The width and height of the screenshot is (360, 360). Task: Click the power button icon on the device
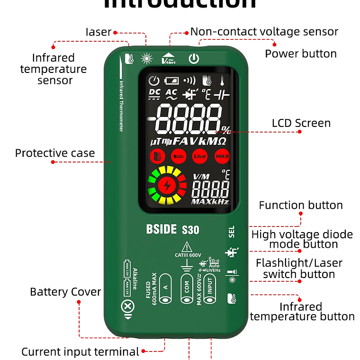(x=193, y=59)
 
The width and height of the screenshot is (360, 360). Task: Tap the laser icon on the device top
(x=147, y=59)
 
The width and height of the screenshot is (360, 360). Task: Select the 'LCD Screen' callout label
(x=301, y=123)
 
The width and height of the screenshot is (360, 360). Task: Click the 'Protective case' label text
(x=55, y=153)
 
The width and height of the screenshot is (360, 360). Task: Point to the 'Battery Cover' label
(x=65, y=292)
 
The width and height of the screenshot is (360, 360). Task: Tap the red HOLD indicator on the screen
(x=222, y=156)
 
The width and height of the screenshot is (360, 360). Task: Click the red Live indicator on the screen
(x=200, y=156)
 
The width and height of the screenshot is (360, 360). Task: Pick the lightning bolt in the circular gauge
(x=167, y=185)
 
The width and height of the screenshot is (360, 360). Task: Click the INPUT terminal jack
(x=210, y=288)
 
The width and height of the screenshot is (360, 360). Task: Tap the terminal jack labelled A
(x=165, y=288)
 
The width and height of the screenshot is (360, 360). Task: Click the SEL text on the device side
(x=232, y=231)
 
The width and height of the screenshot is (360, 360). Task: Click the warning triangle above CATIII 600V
(x=188, y=247)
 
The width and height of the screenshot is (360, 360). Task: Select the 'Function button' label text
(x=301, y=205)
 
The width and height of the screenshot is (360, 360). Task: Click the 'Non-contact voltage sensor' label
(x=264, y=32)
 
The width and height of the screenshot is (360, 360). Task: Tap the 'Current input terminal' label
(x=81, y=351)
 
